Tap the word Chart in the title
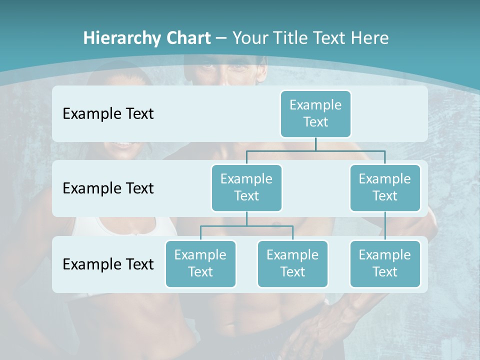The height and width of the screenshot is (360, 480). coord(188,38)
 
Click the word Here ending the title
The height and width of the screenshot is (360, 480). coord(369,38)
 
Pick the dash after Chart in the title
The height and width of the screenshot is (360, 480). coord(221,38)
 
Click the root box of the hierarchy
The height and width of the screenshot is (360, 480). coord(315,113)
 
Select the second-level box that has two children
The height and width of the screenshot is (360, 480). coord(246,187)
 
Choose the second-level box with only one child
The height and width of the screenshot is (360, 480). coord(385,187)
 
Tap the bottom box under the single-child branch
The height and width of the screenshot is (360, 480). coord(385,263)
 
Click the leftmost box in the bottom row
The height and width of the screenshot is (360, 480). coord(200,263)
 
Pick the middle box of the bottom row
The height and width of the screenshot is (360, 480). coord(292,263)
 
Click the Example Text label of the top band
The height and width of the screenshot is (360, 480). coord(108,113)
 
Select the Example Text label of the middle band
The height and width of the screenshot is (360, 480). coord(108,188)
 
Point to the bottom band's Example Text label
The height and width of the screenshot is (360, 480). coord(108,264)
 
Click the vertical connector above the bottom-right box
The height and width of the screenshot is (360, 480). coord(385,225)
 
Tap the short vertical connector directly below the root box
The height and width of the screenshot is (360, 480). coord(315,143)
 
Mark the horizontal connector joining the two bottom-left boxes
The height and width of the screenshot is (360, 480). coord(246,226)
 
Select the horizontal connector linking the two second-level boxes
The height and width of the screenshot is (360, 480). coord(315,150)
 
